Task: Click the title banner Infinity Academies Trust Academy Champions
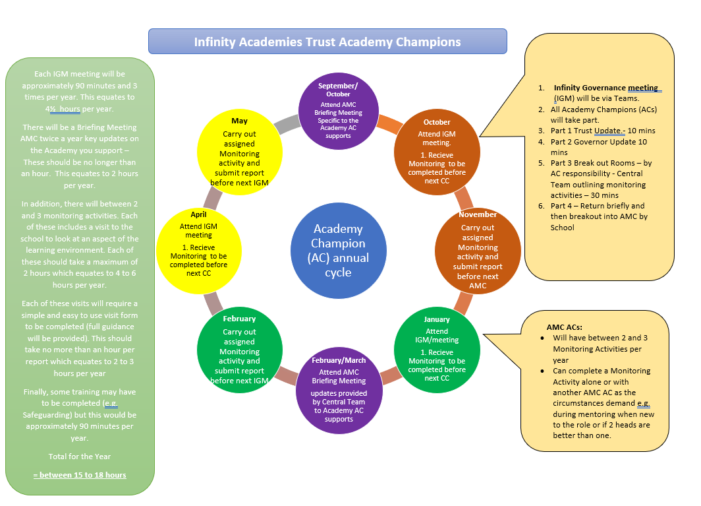click(x=327, y=42)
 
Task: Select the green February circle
click(x=240, y=350)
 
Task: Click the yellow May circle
click(x=240, y=152)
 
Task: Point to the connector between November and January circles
click(x=463, y=303)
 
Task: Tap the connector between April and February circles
click(x=213, y=303)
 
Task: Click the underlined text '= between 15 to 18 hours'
click(x=80, y=475)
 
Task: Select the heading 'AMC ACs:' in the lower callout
click(x=564, y=327)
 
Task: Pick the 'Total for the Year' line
click(x=80, y=457)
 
